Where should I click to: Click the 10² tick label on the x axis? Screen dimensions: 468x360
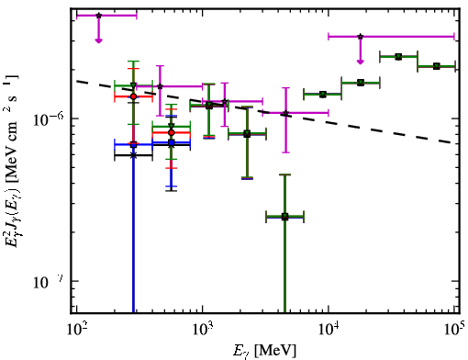[76, 329]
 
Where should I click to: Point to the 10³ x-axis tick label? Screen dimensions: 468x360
[203, 329]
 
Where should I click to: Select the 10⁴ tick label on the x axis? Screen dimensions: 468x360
[329, 329]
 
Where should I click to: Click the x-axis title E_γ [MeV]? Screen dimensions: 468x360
[264, 350]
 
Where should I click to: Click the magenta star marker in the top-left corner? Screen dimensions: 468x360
[98, 16]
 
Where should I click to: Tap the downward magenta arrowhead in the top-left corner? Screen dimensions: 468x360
[98, 40]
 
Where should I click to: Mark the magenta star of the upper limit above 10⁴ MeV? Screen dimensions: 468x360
[361, 37]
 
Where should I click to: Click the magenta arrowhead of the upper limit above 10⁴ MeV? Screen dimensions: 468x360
[361, 62]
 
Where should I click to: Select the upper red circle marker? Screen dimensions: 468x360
[133, 96]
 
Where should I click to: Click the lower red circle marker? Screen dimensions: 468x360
[172, 132]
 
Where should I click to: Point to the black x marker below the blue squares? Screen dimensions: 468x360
[133, 155]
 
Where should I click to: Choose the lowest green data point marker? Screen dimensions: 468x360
[284, 217]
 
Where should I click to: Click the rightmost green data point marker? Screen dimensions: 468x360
[437, 66]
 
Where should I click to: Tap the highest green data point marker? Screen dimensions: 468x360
[398, 57]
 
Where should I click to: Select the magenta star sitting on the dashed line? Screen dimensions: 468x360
[285, 113]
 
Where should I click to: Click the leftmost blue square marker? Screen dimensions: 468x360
[133, 144]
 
